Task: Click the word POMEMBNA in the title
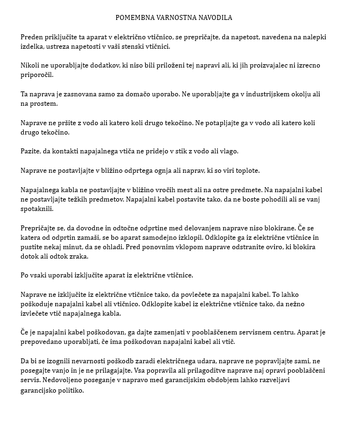click(x=136, y=18)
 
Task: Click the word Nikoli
click(x=30, y=65)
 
